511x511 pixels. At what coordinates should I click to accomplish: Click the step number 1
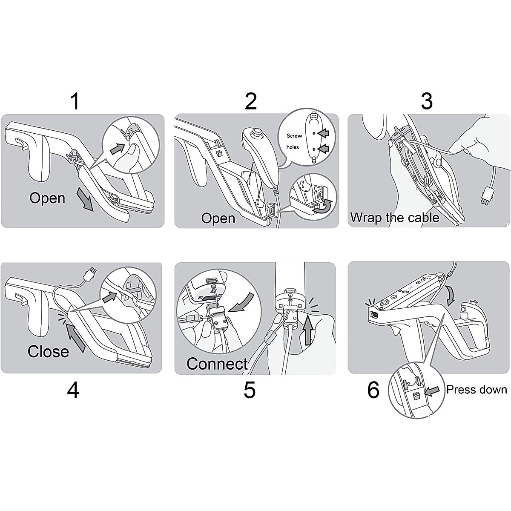pos(75,101)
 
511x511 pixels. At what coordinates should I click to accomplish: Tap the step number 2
pos(251,101)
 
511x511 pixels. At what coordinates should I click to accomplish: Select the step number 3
pos(426,101)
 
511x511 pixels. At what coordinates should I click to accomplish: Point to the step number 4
pos(73,390)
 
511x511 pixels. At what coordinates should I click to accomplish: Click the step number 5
pos(250,390)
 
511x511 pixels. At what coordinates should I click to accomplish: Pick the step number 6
pos(373,390)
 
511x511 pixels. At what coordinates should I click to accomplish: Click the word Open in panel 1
pos(47,198)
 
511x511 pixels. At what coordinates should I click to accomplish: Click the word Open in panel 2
pos(218,218)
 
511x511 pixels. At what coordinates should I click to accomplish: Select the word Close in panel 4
pos(48,351)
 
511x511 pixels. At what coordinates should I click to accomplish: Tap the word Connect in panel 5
pos(217,364)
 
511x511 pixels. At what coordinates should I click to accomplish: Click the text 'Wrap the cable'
pos(394,218)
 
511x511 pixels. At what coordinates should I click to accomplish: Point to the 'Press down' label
pos(477,390)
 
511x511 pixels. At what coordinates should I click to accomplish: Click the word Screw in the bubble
pos(294,136)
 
